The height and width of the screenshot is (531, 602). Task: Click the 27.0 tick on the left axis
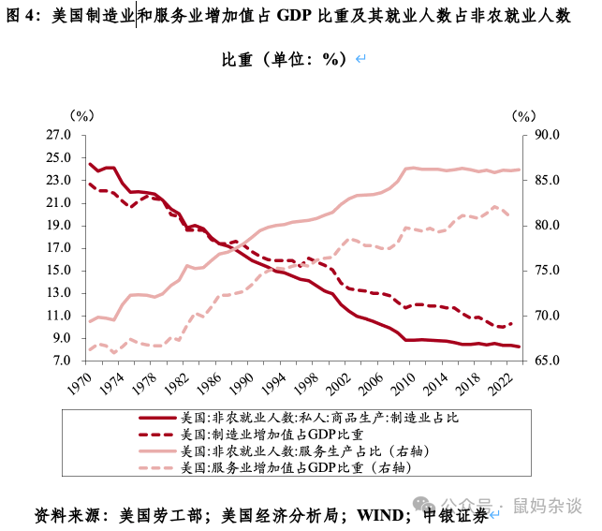click(58, 135)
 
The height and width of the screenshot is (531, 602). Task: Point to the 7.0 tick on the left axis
click(61, 361)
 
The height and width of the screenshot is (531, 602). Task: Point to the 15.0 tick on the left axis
click(58, 271)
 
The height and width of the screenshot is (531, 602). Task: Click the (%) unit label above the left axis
click(82, 115)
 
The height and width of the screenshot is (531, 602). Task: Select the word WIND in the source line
click(383, 515)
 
